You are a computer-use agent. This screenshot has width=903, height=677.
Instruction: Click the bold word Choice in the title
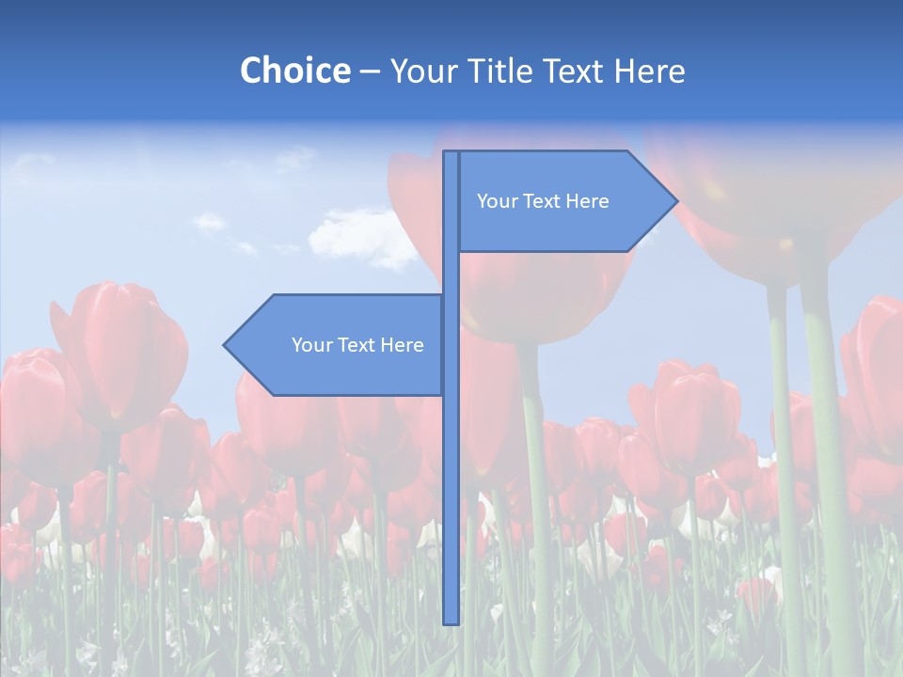(x=294, y=71)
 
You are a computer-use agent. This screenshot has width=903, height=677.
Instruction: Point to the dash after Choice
(x=370, y=71)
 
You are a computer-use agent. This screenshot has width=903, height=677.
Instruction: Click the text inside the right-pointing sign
(x=543, y=201)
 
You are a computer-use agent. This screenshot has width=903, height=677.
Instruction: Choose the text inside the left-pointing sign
(x=357, y=345)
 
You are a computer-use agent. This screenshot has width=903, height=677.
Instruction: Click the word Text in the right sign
(x=541, y=201)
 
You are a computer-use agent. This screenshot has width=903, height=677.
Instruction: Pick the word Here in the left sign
(x=402, y=345)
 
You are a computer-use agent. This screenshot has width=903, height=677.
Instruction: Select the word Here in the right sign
(x=587, y=201)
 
